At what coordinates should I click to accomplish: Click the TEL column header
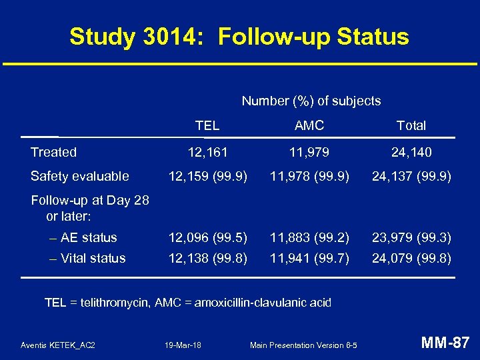pos(207,125)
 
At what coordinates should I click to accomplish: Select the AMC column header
pos(309,125)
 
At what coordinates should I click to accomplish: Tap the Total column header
pos(411,125)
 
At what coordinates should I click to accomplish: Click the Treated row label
pos(53,152)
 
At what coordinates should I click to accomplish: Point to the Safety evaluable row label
pos(79,176)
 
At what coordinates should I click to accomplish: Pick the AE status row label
pos(88,237)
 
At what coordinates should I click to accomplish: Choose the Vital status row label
pos(93,258)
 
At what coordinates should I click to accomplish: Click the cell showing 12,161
pos(207,152)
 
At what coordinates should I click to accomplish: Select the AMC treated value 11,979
pos(309,152)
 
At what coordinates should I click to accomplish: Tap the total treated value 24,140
pos(411,152)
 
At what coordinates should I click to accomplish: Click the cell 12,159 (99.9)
pos(208,176)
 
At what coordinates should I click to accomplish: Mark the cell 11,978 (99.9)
pos(309,176)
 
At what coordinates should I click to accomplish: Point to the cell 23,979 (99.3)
pos(411,237)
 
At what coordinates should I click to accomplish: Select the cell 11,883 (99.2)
pos(309,237)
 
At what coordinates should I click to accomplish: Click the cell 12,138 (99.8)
pos(208,258)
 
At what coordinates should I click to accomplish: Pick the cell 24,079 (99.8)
pos(411,258)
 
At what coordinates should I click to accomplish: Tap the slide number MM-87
pos(445,343)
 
